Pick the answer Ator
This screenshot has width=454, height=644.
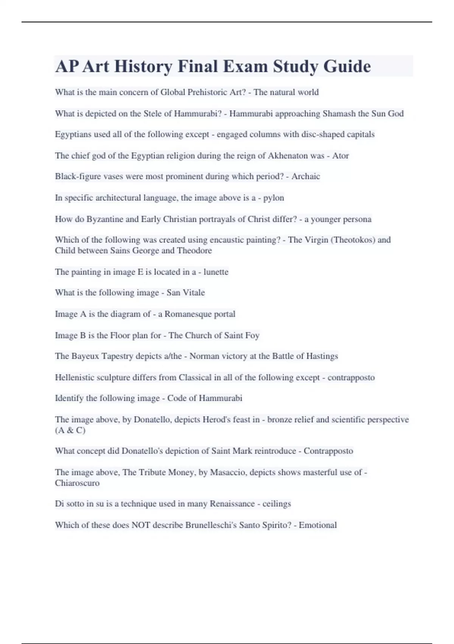340,156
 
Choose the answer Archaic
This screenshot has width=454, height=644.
306,177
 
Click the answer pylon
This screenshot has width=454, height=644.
274,198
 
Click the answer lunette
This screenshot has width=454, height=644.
216,272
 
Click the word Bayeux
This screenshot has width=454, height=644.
85,356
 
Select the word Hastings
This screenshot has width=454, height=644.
320,356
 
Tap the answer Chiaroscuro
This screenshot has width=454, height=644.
77,483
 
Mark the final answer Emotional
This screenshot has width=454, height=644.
318,525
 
